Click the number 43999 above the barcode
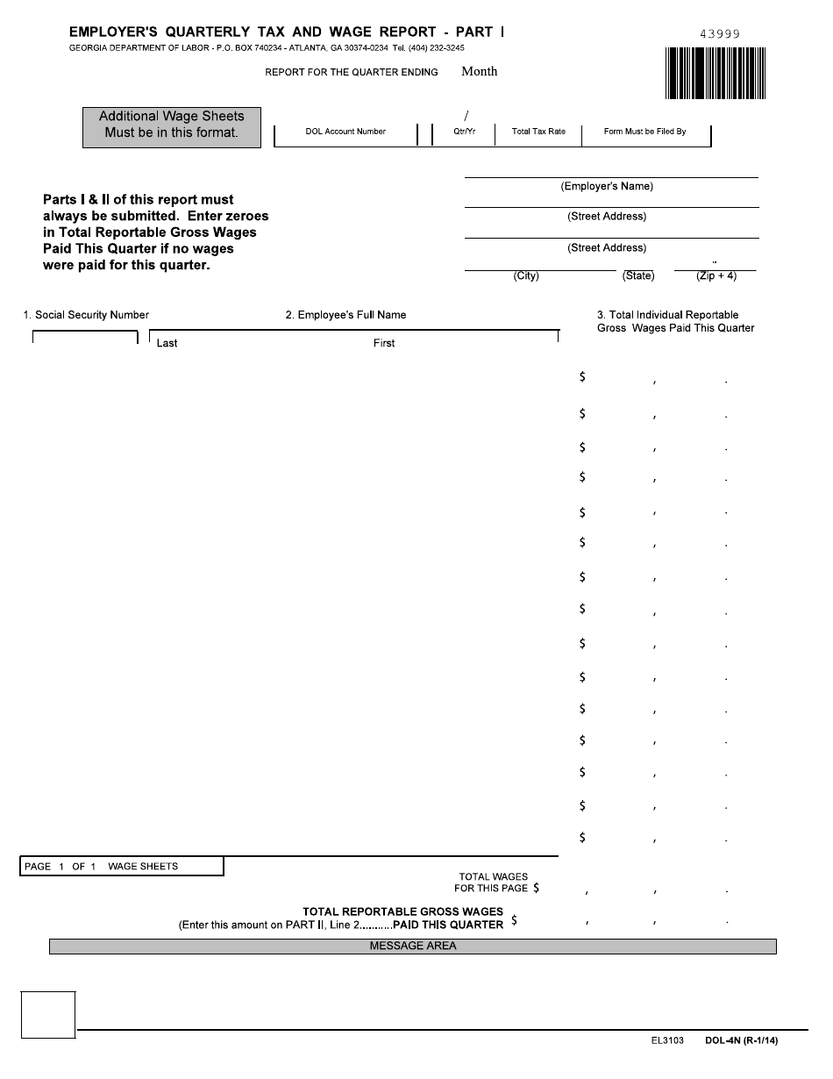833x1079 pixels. coord(720,34)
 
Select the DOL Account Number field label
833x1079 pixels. coord(345,132)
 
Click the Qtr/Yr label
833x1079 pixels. coord(465,132)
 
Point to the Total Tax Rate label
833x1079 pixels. coord(538,132)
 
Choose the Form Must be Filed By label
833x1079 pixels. coord(644,132)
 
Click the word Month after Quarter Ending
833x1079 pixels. coord(479,72)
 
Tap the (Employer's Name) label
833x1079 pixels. coord(607,187)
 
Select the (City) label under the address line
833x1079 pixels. coord(526,276)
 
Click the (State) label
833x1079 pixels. coord(638,276)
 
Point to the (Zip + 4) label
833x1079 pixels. coord(716,276)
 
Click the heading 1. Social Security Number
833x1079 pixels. coord(86,315)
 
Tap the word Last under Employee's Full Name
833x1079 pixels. coord(167,343)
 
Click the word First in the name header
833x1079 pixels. coord(384,343)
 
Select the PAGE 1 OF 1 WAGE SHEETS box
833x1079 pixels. coord(122,867)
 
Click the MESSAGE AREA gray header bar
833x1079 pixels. coord(413,947)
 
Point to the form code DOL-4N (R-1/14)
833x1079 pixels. coord(741,1041)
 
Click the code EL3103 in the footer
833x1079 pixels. coord(655,1041)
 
